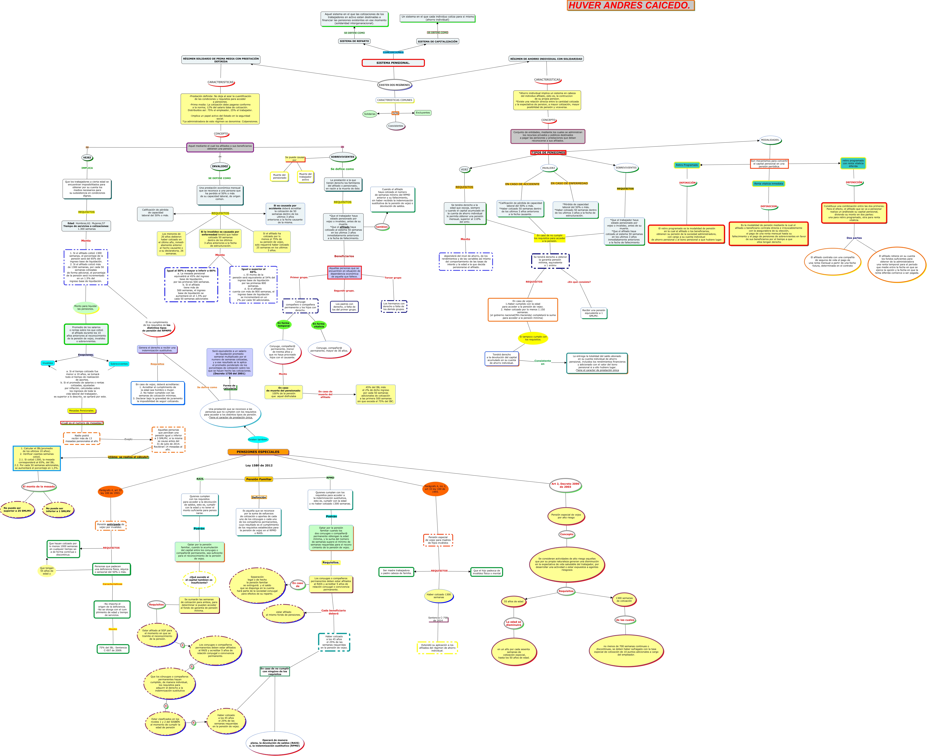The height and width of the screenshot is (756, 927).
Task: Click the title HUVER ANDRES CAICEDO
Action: point(630,6)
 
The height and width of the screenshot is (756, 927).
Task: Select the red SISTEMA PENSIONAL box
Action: point(393,63)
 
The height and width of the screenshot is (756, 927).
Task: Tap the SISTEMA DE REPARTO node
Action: point(354,41)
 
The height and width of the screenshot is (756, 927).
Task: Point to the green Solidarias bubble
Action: point(369,114)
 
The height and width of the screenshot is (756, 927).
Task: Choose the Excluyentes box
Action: point(423,113)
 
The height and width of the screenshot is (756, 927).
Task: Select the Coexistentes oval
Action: point(396,126)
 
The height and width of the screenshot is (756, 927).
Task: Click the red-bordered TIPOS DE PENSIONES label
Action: point(548,152)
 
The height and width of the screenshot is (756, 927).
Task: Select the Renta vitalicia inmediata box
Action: point(768,184)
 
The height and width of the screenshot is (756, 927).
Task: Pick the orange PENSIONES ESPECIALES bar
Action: point(258,452)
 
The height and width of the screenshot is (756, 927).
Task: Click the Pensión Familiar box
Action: point(259,479)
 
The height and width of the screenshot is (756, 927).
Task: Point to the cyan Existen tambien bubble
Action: point(258,439)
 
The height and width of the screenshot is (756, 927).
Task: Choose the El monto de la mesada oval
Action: point(39,486)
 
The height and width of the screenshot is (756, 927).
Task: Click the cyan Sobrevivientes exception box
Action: point(119,364)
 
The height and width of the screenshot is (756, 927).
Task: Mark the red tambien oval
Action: point(382,227)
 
